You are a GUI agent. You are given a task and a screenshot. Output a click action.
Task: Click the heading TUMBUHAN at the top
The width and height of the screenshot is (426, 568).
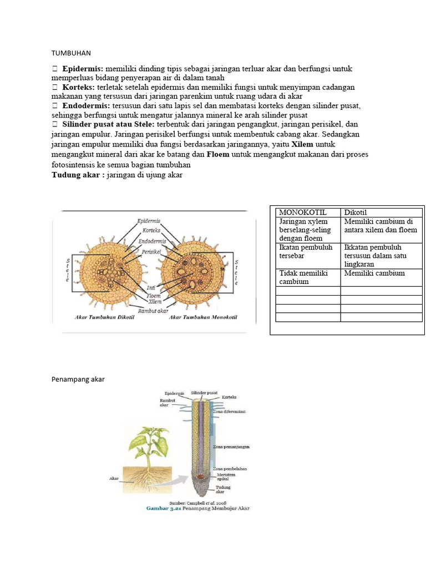pos(70,53)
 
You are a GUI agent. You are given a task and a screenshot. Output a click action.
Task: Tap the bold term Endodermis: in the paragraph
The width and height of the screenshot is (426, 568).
pos(86,105)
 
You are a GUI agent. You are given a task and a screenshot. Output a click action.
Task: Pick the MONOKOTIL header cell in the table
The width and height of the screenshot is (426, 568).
pos(303,212)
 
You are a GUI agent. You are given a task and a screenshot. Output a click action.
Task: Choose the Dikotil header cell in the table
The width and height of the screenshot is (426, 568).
pos(356,212)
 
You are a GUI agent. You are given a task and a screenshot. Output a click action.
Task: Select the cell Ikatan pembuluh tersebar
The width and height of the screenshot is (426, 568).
pos(306,251)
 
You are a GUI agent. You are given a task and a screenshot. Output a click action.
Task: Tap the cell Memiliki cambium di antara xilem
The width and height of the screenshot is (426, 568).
pos(382,225)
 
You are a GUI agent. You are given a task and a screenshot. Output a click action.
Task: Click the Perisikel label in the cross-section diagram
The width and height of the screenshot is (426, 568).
pos(151,251)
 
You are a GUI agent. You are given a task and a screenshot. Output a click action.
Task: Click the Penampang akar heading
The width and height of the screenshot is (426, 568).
pos(78,379)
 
